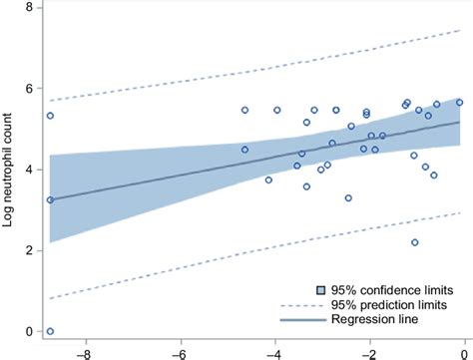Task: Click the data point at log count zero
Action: [x=50, y=331]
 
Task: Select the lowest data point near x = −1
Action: [x=414, y=242]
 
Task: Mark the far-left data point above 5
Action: [x=50, y=116]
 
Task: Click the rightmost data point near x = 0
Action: [x=459, y=102]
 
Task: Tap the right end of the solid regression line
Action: [x=460, y=122]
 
